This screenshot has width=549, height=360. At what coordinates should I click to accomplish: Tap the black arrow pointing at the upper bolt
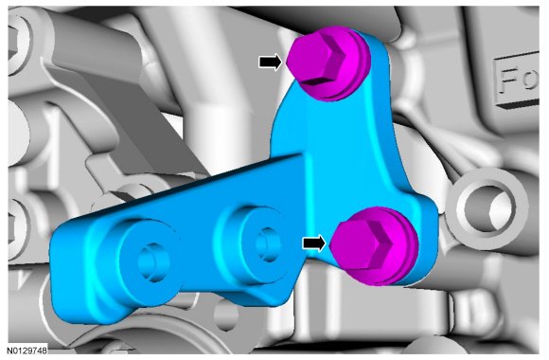(x=270, y=62)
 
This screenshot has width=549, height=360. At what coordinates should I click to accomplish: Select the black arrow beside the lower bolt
(x=313, y=243)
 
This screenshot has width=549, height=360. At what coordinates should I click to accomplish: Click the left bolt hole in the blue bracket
(x=153, y=261)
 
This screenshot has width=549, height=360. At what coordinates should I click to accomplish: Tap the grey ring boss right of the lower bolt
(x=488, y=208)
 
